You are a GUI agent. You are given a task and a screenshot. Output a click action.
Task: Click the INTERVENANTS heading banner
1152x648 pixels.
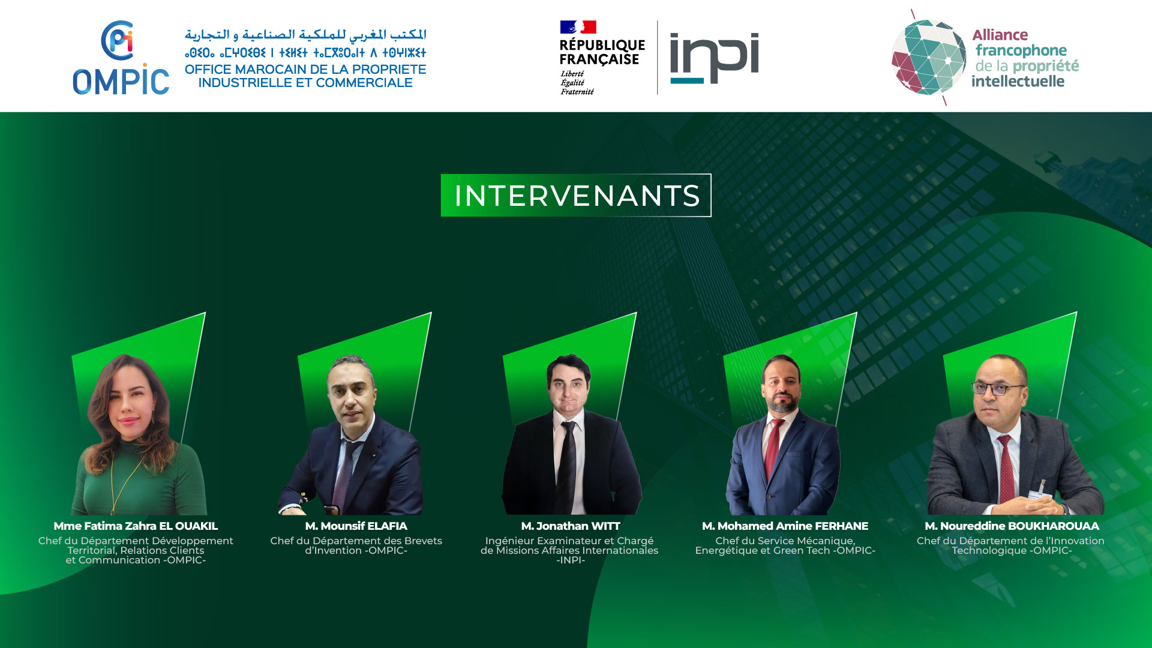point(576,195)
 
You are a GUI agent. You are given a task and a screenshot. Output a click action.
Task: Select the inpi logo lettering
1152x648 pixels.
point(714,58)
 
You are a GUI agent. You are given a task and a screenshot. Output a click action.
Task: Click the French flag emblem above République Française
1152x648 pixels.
point(578,27)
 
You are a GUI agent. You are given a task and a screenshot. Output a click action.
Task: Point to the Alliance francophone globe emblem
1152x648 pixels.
point(928,58)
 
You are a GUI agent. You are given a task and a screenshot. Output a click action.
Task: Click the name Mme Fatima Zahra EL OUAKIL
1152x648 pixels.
point(136,526)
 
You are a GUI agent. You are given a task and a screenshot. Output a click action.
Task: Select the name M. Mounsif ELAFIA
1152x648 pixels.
point(356,526)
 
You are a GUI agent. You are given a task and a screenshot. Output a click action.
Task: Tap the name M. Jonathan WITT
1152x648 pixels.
point(571,526)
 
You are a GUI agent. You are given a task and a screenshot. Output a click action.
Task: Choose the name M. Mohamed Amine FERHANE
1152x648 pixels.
point(785,526)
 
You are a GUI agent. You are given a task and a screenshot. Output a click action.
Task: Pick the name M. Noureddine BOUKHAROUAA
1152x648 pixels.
point(1012,526)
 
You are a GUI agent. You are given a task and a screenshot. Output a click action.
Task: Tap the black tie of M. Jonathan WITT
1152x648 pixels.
point(566,468)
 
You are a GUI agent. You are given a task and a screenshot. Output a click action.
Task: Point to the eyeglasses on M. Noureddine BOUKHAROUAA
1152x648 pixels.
point(998,389)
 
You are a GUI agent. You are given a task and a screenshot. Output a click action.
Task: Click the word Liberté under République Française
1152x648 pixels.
point(572,74)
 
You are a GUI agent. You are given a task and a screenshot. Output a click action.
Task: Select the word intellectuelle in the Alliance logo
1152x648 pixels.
point(1018,81)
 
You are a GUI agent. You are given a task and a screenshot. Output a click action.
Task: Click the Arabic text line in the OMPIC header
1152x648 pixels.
point(305,35)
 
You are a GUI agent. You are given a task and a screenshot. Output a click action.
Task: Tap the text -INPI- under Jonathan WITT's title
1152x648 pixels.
point(571,560)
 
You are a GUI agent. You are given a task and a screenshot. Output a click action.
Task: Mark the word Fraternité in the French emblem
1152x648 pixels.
point(577,92)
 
